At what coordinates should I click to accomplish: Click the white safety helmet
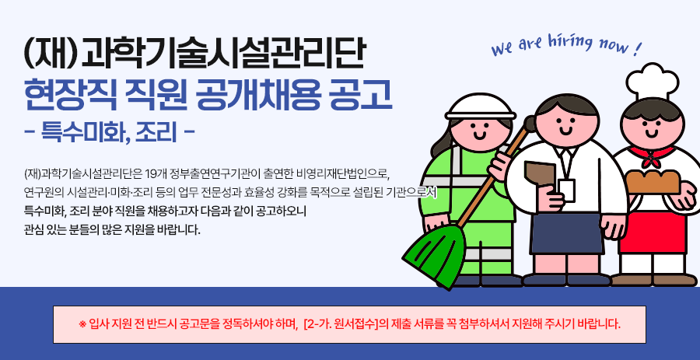coord(481,107)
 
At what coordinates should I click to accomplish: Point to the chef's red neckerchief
coord(653,155)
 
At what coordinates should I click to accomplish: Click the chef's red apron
coord(653,232)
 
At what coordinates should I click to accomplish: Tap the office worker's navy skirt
coord(567,234)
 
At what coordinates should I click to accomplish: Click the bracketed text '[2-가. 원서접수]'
coord(340,323)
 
